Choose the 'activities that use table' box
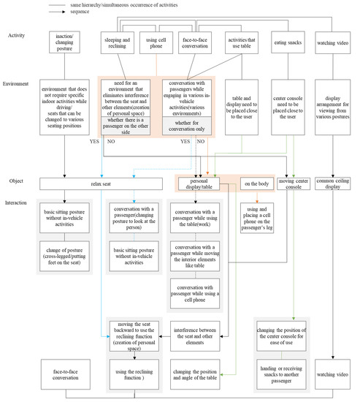tap(242, 42)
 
